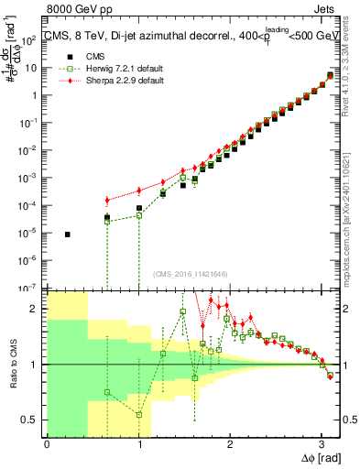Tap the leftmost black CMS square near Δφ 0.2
point(67,234)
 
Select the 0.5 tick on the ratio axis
point(32,420)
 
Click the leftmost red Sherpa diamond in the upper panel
point(107,200)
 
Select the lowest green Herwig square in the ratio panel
point(139,414)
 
